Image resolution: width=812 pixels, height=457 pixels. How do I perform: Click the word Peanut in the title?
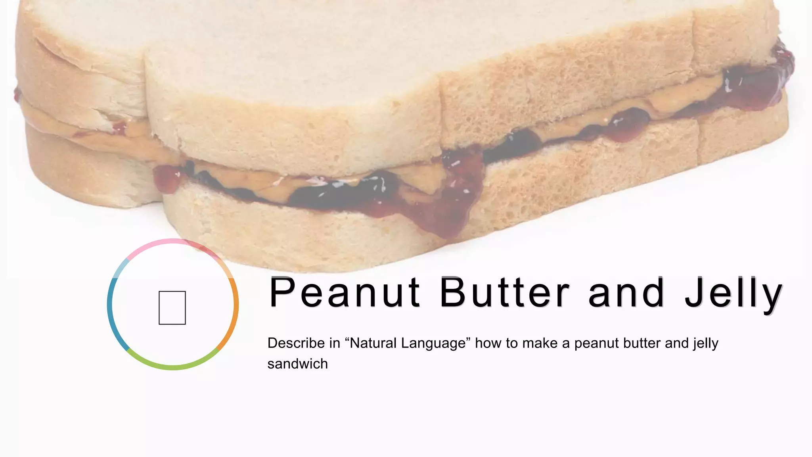[344, 293]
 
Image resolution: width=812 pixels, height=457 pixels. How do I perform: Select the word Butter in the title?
[505, 293]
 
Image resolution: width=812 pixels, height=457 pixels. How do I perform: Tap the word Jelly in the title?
[733, 294]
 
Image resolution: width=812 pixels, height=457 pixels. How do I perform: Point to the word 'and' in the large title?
[626, 293]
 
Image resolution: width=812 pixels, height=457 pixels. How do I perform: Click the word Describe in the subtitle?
[296, 343]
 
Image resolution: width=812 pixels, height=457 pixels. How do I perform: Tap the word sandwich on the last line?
[297, 364]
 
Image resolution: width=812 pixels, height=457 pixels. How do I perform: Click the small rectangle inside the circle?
[172, 308]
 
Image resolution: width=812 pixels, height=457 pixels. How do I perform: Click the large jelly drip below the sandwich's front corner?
[452, 214]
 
